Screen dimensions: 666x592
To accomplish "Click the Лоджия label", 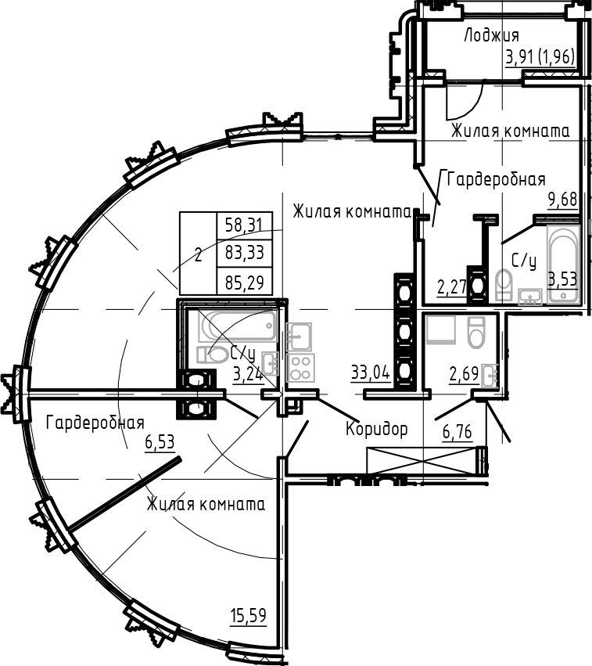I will (x=491, y=35).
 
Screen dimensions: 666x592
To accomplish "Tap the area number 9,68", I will (x=562, y=200).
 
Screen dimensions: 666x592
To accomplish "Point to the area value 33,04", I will (x=371, y=373).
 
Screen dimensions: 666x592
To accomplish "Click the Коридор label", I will (x=377, y=429).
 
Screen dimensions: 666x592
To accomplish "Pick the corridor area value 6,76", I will (x=457, y=433).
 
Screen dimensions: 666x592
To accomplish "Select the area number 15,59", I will (x=247, y=616).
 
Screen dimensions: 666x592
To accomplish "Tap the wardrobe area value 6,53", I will (x=160, y=442).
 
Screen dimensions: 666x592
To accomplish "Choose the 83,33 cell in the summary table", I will (x=243, y=253).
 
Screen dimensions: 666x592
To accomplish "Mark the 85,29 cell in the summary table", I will (x=243, y=279).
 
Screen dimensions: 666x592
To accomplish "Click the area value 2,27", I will (x=452, y=287).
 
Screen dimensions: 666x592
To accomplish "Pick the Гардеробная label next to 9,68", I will (x=495, y=179).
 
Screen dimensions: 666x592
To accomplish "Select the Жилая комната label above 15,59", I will (x=205, y=505).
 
